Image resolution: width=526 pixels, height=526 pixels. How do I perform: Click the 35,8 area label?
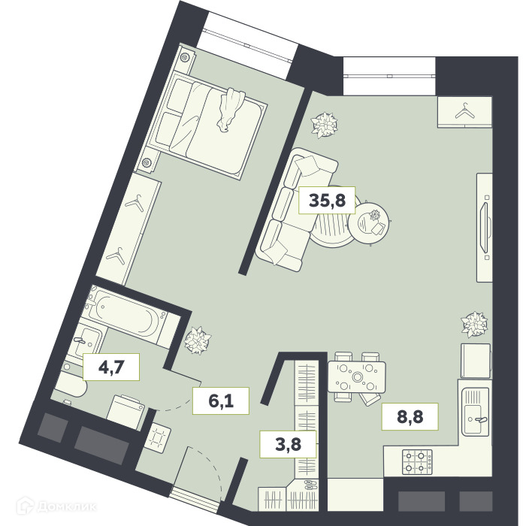pos(327,201)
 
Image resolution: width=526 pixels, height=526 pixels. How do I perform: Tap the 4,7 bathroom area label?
pos(111,367)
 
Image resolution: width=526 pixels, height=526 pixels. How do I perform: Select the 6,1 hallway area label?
pos(221,401)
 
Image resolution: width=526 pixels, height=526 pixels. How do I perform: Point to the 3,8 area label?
pos(288,444)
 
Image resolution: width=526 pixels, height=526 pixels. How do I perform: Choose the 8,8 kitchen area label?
pos(410,416)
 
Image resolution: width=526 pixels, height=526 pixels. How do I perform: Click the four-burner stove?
pos(417,462)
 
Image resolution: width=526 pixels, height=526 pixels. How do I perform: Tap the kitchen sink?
pos(475,411)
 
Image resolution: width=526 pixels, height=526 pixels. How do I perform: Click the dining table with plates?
pos(357,377)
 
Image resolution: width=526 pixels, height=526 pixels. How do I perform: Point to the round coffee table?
pos(369,222)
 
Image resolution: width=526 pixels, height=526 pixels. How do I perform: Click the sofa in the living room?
pos(295,210)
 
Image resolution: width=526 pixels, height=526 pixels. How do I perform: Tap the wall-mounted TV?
pos(485,227)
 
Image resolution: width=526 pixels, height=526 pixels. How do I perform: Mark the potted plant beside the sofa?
pos(324,124)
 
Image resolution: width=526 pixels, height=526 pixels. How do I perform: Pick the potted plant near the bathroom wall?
pos(198,340)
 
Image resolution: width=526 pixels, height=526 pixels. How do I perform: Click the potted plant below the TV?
pos(474,325)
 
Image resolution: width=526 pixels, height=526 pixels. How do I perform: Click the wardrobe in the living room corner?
pos(464,112)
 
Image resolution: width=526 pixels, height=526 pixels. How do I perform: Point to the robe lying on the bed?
pos(231,109)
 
